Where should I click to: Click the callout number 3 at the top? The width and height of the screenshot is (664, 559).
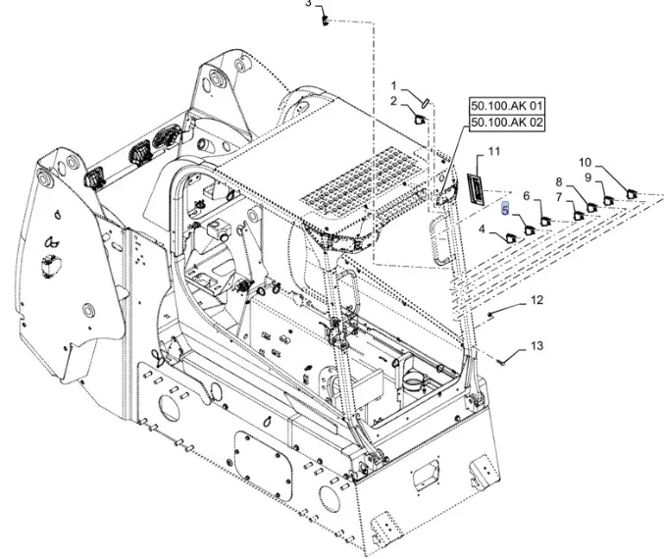(307, 4)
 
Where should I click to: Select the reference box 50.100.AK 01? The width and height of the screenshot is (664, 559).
(507, 105)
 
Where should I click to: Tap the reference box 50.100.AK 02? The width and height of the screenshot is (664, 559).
(507, 123)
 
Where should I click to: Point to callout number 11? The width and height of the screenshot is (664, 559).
(493, 151)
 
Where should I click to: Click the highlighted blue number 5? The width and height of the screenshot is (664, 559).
(505, 209)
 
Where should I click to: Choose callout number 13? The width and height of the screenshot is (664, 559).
(536, 345)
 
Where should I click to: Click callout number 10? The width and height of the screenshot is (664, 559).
(585, 163)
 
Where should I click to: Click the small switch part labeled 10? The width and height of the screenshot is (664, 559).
(631, 194)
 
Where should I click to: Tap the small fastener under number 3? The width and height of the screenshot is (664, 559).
(325, 24)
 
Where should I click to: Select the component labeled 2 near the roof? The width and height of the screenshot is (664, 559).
(417, 121)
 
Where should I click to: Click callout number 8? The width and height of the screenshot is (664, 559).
(559, 182)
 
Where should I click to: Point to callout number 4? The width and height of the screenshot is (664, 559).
(483, 229)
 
